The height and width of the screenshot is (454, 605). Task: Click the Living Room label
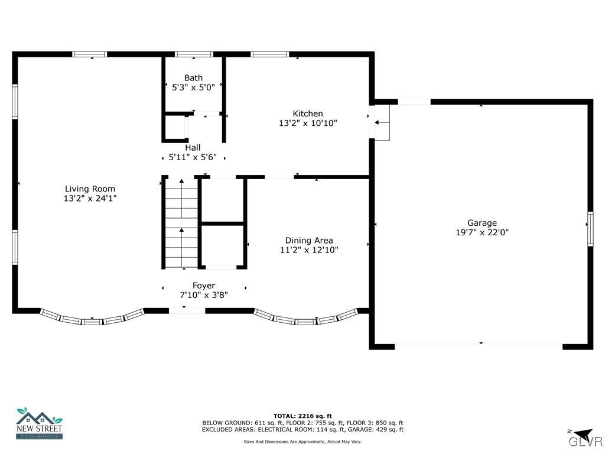[x=90, y=189]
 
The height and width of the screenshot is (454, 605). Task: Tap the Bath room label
[x=193, y=77]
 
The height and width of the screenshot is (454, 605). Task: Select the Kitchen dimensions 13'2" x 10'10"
[x=308, y=123]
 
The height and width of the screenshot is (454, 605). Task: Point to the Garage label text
[x=482, y=223]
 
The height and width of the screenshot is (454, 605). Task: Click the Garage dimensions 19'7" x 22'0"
[x=482, y=232]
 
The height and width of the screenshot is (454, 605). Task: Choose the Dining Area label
[x=309, y=240]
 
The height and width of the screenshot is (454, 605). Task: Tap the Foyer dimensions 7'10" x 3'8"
[x=204, y=294]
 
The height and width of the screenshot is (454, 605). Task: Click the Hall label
[x=193, y=147]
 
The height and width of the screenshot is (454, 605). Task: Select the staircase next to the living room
[x=181, y=223]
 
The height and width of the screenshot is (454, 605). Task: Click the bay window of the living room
[x=92, y=320]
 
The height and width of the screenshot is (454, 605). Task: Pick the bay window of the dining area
[x=306, y=320]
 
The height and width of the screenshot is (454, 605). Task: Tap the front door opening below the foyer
[x=187, y=310]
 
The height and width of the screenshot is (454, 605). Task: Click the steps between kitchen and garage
[x=382, y=123]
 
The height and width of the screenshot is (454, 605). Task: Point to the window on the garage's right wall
[x=589, y=229]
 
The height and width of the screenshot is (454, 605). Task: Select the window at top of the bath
[x=194, y=54]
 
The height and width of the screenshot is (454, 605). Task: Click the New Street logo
[x=39, y=423]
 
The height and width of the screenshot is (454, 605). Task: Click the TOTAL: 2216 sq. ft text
[x=302, y=416]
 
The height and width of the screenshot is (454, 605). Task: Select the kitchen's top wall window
[x=269, y=54]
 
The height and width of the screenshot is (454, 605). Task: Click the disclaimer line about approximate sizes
[x=302, y=441]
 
